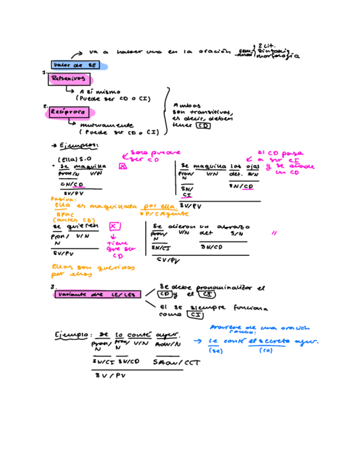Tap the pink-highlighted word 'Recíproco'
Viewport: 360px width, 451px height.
(69, 113)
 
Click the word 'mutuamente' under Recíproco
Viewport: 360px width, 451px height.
(102, 124)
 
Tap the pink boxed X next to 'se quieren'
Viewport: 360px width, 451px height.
(113, 225)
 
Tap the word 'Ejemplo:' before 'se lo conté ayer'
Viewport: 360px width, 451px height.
(73, 336)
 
